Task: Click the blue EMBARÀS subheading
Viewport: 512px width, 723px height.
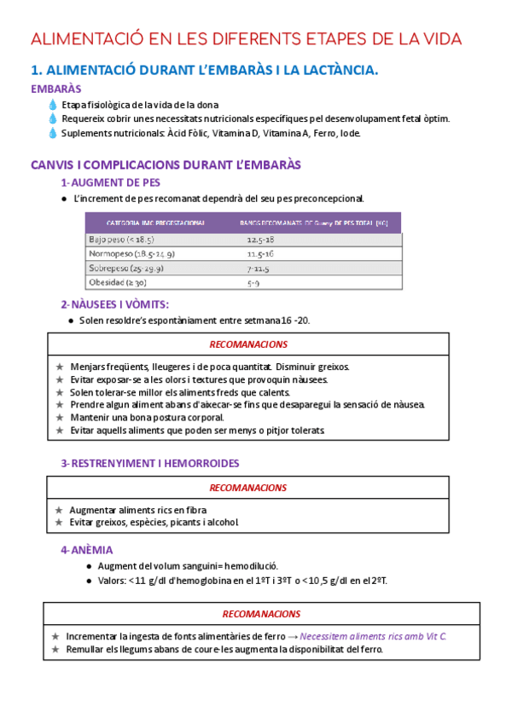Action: [56, 89]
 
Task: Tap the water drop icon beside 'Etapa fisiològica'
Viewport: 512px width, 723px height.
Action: [53, 105]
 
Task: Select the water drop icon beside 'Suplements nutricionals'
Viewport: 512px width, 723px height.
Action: [53, 133]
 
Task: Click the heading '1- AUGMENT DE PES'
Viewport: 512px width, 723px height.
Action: [110, 182]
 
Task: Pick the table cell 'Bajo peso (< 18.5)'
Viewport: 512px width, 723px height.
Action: [121, 240]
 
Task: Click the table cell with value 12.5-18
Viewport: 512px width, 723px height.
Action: [260, 240]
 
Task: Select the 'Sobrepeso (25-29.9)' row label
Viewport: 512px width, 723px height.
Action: [125, 268]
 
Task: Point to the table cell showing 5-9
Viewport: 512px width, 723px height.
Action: [253, 282]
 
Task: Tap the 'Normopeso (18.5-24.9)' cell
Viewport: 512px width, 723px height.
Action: [131, 254]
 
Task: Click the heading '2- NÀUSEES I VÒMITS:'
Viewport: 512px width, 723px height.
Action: [114, 304]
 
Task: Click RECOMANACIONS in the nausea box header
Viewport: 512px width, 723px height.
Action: [248, 344]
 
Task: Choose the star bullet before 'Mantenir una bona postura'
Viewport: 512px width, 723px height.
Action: [59, 418]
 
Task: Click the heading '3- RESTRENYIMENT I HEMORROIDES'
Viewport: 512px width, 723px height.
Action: [149, 463]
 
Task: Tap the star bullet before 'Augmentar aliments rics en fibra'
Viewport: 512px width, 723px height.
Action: [59, 510]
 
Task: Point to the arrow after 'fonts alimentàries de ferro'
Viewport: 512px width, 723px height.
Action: [292, 636]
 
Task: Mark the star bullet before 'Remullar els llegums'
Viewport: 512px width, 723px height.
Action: [55, 649]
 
